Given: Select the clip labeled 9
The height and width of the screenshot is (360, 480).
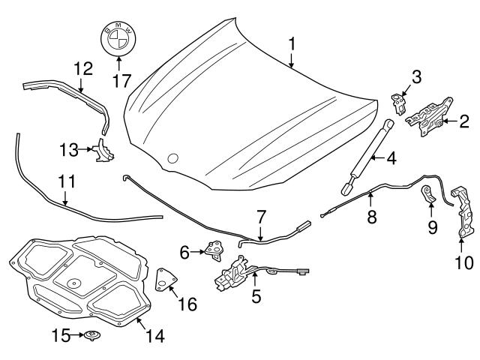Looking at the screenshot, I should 427,197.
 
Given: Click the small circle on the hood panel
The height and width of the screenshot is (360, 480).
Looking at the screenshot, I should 173,158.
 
